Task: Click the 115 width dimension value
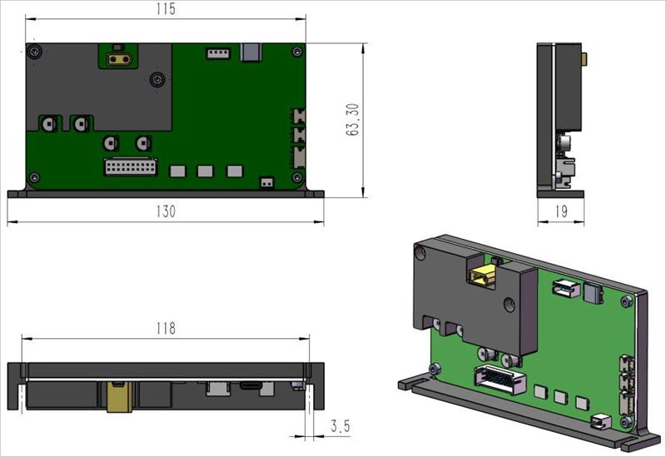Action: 166,9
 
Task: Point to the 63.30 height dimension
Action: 353,120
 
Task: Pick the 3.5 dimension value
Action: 340,426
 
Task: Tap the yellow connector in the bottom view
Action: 117,396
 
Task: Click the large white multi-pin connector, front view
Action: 131,166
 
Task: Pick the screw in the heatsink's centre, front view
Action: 157,80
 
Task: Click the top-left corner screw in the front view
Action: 33,52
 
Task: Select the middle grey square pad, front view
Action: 205,171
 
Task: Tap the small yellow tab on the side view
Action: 584,58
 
